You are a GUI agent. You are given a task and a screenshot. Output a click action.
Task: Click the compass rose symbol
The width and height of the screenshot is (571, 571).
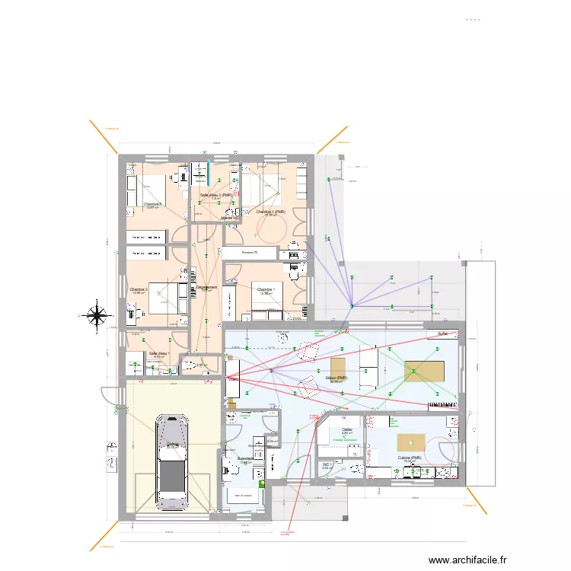[x=97, y=314]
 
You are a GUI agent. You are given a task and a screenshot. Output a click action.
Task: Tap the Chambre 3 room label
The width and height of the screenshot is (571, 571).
[x=154, y=204]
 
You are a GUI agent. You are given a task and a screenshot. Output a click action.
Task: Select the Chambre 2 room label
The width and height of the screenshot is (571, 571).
[x=139, y=289]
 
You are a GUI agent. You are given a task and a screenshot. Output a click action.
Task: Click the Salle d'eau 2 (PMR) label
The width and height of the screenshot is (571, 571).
[x=215, y=195]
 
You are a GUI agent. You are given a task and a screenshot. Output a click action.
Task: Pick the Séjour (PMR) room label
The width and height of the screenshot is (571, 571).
[x=336, y=378]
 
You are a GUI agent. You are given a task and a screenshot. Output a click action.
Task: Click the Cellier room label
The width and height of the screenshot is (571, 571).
[x=347, y=429]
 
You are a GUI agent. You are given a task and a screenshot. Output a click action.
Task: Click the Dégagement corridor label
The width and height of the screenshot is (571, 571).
[x=206, y=287]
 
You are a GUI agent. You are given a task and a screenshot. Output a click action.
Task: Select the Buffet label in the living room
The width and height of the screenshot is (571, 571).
[x=442, y=333]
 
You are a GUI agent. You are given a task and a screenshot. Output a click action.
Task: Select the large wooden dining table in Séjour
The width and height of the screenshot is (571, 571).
[x=423, y=372]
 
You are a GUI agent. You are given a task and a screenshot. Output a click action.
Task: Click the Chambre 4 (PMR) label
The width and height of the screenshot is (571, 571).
[x=270, y=212]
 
